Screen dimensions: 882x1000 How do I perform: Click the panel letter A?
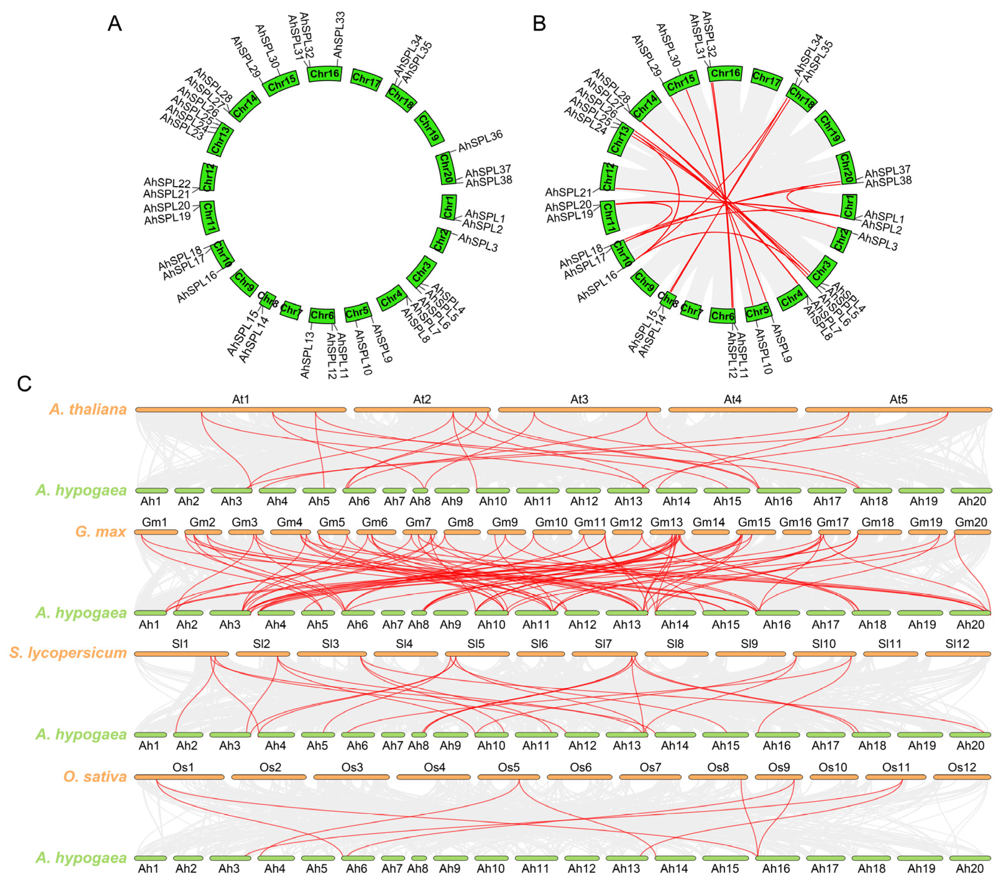tap(115, 24)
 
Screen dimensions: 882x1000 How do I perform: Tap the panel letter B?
tap(539, 24)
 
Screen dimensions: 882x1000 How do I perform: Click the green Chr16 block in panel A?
tap(324, 74)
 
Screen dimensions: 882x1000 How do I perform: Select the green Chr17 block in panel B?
tap(766, 79)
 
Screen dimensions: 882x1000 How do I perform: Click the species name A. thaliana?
tap(88, 409)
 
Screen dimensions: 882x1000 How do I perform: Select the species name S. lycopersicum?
tap(68, 653)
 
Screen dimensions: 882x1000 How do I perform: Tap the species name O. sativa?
tap(95, 777)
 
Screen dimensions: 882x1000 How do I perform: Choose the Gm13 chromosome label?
tap(666, 522)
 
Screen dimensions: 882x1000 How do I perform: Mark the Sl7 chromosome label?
tap(603, 644)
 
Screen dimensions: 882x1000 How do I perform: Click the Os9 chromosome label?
tap(779, 767)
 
